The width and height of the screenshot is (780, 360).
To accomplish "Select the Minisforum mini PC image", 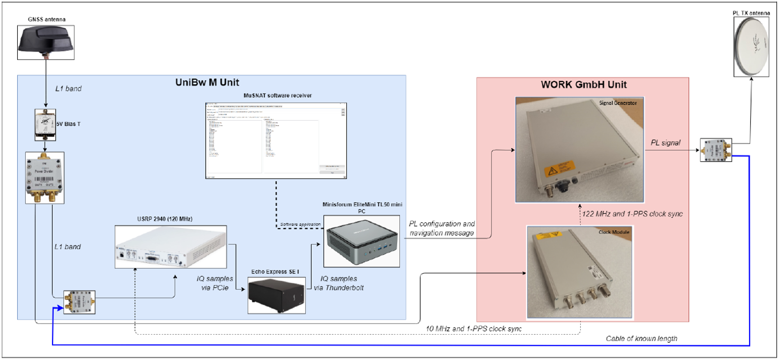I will point(361,238).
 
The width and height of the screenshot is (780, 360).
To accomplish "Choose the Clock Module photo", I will point(579,272).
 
